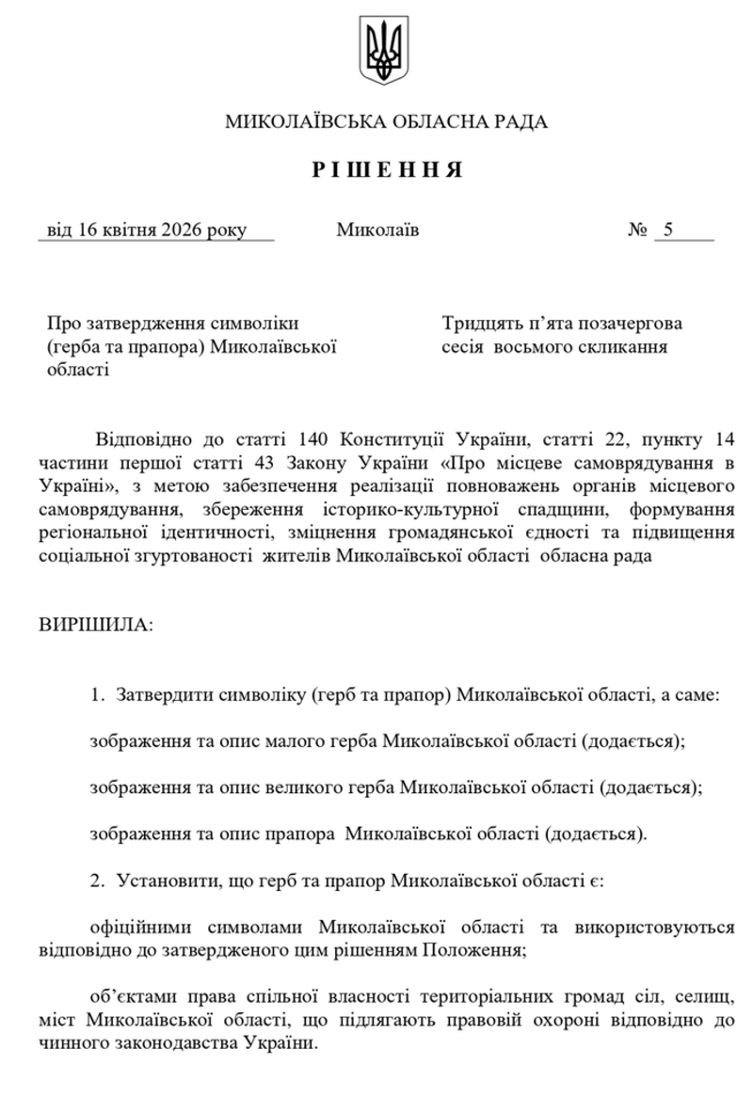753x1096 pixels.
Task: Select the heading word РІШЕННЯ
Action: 386,170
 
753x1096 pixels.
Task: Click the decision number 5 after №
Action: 669,230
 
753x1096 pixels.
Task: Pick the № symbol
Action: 637,230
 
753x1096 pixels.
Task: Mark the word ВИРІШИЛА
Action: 94,625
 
